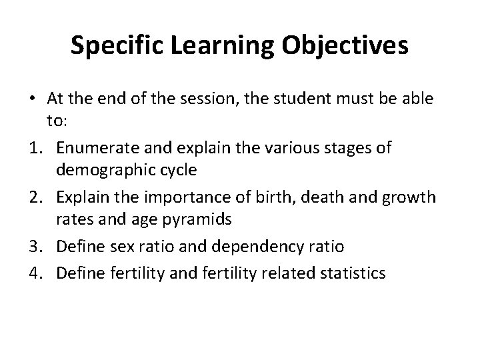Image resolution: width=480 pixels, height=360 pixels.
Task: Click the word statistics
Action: [x=352, y=272]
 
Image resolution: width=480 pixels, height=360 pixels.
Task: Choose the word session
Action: [x=215, y=98]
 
